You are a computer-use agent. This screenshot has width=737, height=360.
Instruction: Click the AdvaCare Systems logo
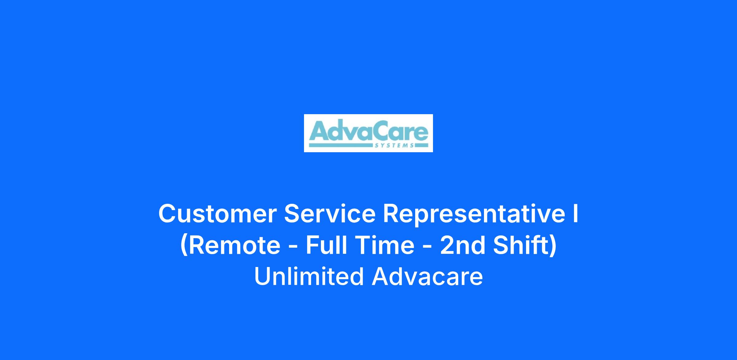[x=368, y=133]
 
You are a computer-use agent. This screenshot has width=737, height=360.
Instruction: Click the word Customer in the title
[x=218, y=214]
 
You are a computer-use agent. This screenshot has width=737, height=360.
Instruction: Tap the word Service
[x=330, y=214]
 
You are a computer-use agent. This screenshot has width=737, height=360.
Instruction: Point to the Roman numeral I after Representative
[x=575, y=214]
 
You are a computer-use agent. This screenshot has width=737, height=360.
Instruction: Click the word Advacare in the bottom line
[x=427, y=276]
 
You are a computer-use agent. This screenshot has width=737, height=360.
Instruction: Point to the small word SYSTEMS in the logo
[x=394, y=145]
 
